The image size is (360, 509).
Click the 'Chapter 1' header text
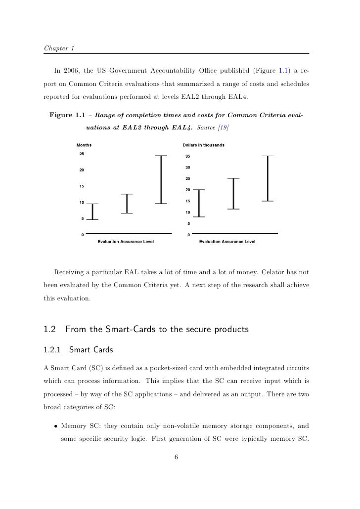pos(58,48)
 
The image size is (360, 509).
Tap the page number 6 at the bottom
pos(177,457)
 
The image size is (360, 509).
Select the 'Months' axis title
pos(84,145)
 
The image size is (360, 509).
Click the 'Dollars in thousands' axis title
pos(203,145)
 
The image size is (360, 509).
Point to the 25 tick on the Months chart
pos(82,154)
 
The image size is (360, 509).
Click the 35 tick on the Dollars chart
pos(188,156)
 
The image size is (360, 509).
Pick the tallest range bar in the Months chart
pos(161,179)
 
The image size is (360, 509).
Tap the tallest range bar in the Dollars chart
pos(267,178)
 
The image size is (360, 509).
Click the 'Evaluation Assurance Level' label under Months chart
pos(126,242)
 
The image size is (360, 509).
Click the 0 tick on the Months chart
pos(83,235)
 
